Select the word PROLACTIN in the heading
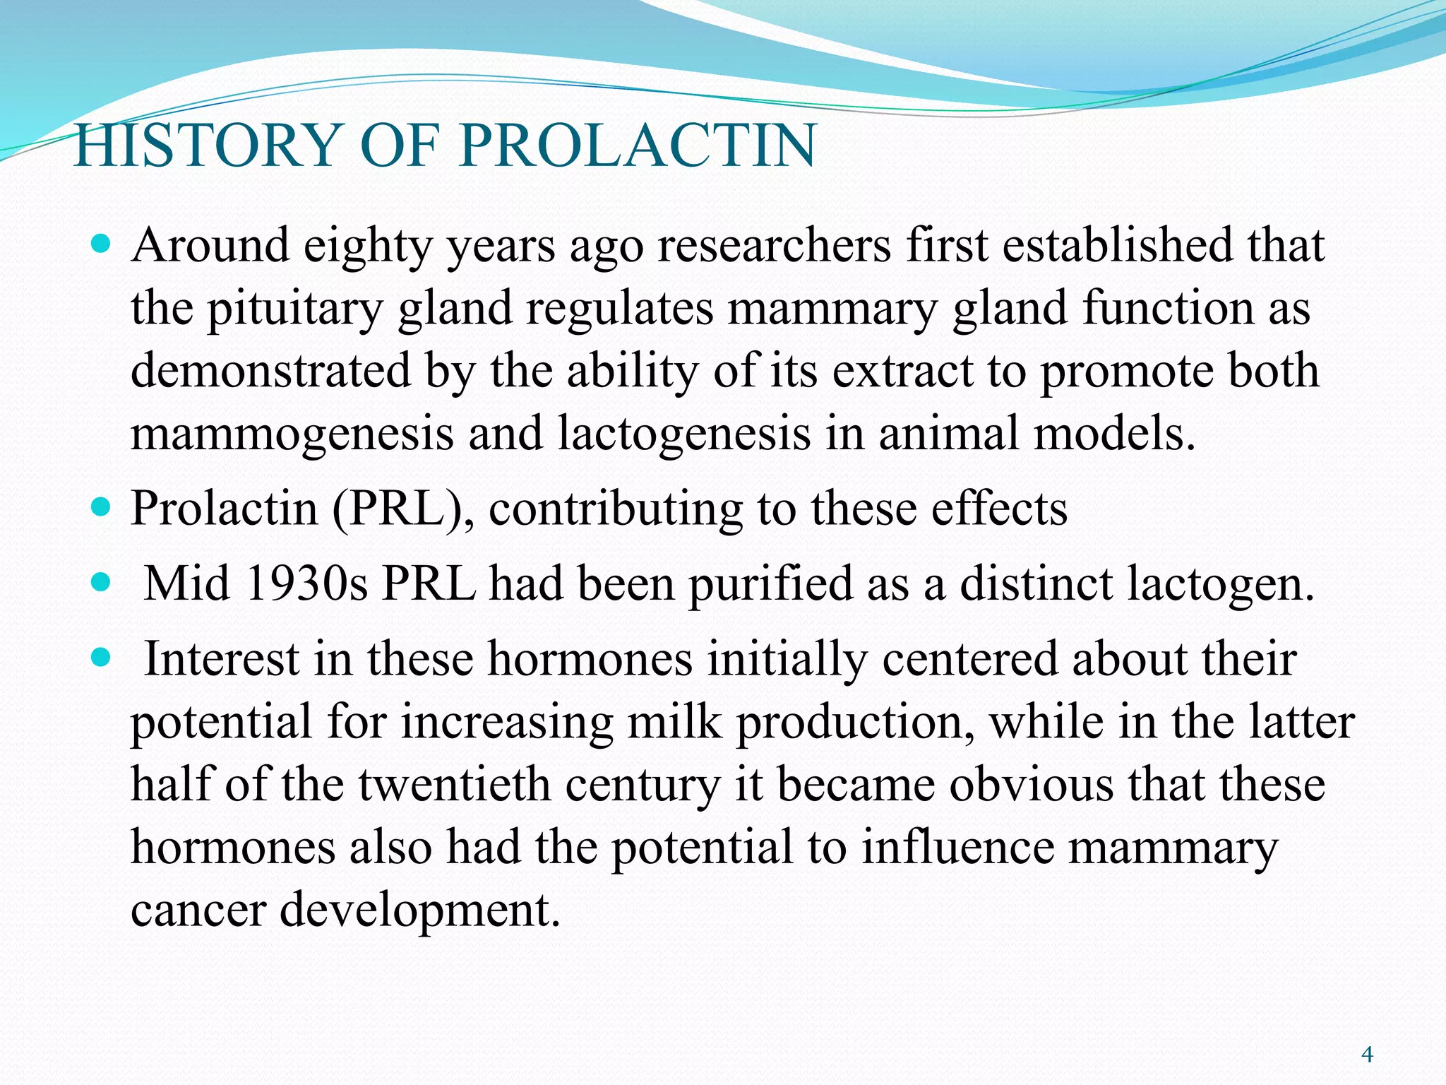[638, 146]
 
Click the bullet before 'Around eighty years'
[102, 245]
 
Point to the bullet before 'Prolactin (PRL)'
[102, 508]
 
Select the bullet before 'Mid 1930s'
[102, 583]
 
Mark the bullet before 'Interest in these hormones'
[102, 659]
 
